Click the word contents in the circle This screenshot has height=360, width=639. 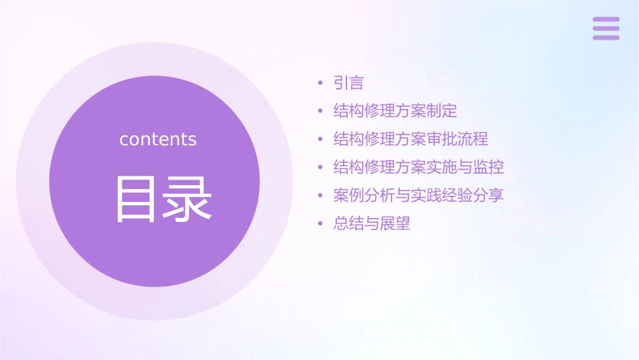pos(158,139)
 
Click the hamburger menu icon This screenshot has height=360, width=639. pos(606,28)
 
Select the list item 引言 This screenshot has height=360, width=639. pos(348,83)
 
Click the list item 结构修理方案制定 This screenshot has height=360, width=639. pos(395,111)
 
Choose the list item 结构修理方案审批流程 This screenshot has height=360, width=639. pos(410,139)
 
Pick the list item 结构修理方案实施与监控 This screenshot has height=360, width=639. pos(418,167)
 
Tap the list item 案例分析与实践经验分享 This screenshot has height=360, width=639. pos(418,195)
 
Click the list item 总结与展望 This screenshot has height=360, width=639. pos(372,223)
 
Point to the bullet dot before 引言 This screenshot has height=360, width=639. pos(321,84)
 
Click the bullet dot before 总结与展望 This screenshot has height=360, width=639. pos(321,224)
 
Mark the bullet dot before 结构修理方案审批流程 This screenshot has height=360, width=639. pos(321,140)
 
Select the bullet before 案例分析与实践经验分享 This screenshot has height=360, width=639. pos(321,196)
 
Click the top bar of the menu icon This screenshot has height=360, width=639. pos(606,20)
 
